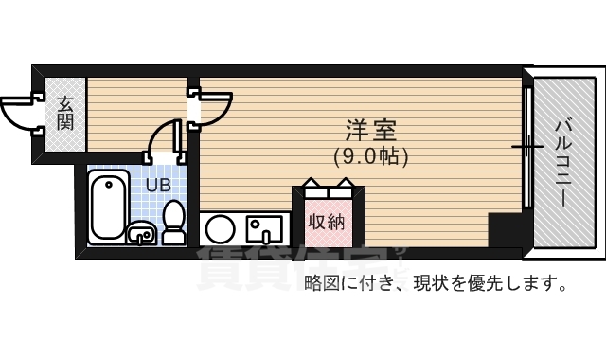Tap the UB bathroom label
coord(157,185)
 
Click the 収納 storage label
coord(327,223)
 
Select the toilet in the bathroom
coord(173,223)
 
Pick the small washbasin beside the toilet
coord(141,231)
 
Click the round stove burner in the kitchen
coord(221,228)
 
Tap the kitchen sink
coord(261,228)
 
